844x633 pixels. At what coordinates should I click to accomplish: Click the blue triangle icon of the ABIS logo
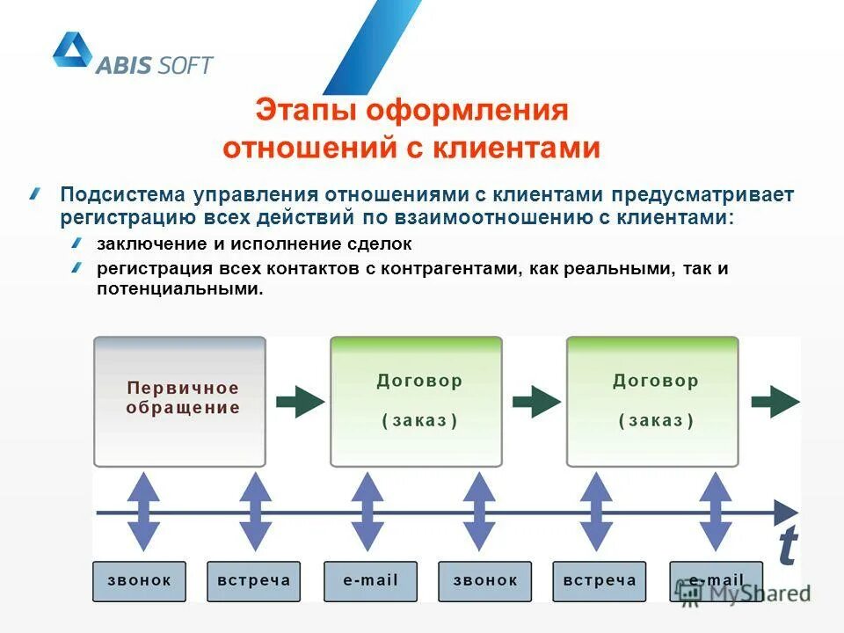(72, 50)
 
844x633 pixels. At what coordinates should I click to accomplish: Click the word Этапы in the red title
(305, 111)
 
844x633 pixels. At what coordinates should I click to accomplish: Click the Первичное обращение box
(180, 401)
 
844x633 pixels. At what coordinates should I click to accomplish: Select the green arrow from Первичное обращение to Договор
(299, 402)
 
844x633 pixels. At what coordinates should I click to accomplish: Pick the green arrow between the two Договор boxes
(535, 402)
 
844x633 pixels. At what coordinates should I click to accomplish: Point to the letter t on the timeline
(788, 547)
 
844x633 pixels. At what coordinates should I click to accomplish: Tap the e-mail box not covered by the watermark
(371, 580)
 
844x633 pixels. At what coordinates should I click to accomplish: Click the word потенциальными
(178, 288)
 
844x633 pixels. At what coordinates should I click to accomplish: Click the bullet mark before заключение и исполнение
(76, 242)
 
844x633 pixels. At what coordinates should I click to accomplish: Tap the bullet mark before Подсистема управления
(34, 193)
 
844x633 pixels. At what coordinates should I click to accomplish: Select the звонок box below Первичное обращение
(139, 580)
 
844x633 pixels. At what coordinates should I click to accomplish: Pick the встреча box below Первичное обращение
(253, 580)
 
